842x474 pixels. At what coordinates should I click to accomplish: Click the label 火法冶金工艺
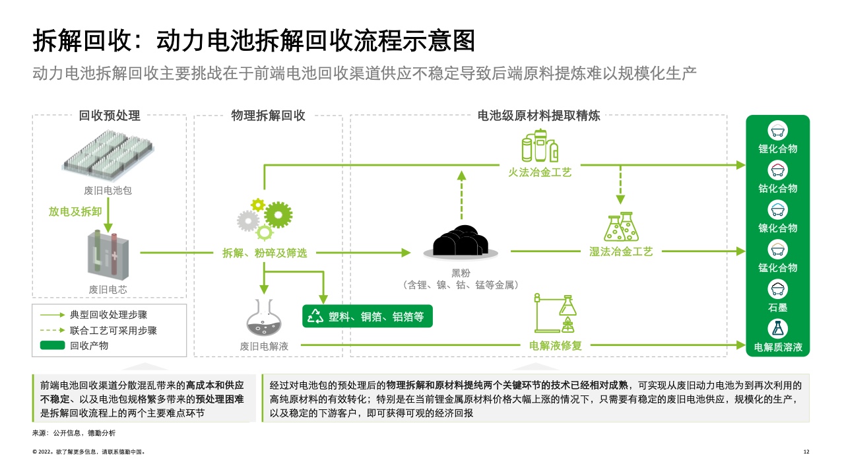click(539, 172)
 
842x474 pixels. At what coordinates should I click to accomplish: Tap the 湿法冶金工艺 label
click(620, 252)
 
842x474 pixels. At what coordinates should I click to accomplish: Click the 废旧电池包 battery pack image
click(108, 156)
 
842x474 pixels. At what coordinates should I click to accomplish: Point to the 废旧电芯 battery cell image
click(108, 254)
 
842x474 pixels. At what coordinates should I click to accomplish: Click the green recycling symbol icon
click(315, 317)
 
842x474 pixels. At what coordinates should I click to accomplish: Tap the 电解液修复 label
click(556, 345)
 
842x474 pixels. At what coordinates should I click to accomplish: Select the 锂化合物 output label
click(777, 149)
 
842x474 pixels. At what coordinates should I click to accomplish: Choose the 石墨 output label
click(777, 307)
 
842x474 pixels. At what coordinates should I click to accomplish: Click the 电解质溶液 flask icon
click(777, 329)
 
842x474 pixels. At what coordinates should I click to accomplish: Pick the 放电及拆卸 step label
click(75, 211)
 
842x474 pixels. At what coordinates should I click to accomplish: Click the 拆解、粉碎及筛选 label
click(265, 252)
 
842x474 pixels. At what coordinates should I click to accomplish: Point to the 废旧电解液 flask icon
click(264, 318)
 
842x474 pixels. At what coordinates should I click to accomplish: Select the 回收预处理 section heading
click(110, 116)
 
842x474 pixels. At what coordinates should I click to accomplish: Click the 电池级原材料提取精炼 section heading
click(538, 116)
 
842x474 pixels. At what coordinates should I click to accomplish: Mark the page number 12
click(806, 452)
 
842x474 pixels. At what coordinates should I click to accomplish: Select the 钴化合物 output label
click(777, 188)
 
